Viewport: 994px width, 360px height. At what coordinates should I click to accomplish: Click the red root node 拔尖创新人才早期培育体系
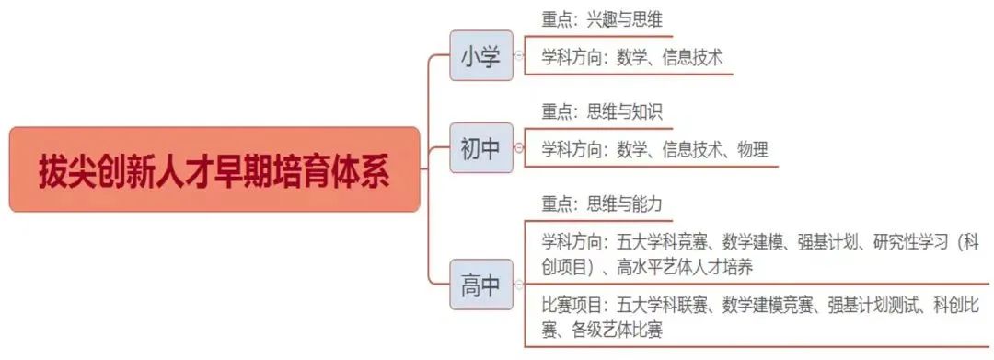214,170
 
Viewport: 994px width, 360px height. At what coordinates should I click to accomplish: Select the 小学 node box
480,56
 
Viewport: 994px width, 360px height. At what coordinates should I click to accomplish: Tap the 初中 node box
480,148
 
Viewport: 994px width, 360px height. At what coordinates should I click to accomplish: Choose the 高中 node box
480,285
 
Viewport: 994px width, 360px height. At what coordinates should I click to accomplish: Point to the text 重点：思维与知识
602,112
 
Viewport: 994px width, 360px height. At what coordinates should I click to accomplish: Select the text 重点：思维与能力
602,203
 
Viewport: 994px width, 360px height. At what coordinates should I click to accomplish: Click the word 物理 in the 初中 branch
752,149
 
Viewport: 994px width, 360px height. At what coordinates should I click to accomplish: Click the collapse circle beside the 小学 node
518,56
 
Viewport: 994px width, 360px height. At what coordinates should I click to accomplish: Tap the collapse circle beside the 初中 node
518,148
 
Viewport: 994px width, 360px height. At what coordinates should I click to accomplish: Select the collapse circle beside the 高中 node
518,285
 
